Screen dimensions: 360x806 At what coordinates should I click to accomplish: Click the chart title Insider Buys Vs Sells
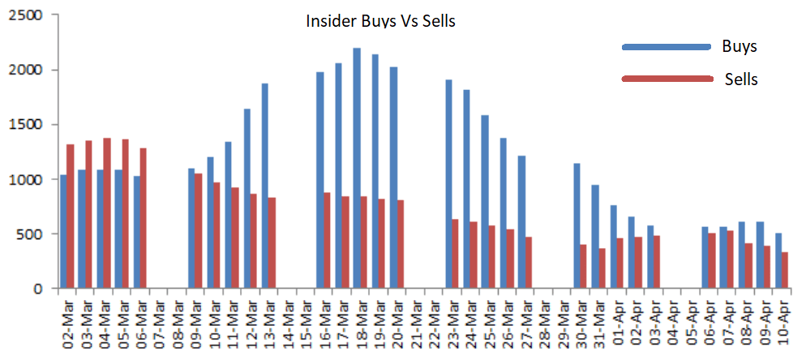(380, 21)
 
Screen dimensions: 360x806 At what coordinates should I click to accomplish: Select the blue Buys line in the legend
(664, 47)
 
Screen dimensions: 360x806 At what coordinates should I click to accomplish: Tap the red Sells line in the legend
(664, 79)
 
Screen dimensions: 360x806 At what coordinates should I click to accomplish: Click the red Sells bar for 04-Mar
(106, 213)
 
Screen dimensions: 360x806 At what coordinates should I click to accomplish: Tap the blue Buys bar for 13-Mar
(264, 186)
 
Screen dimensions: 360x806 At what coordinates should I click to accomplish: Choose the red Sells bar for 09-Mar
(199, 231)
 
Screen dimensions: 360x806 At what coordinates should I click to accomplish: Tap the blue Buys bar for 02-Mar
(63, 231)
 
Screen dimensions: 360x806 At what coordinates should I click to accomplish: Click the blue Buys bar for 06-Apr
(704, 260)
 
